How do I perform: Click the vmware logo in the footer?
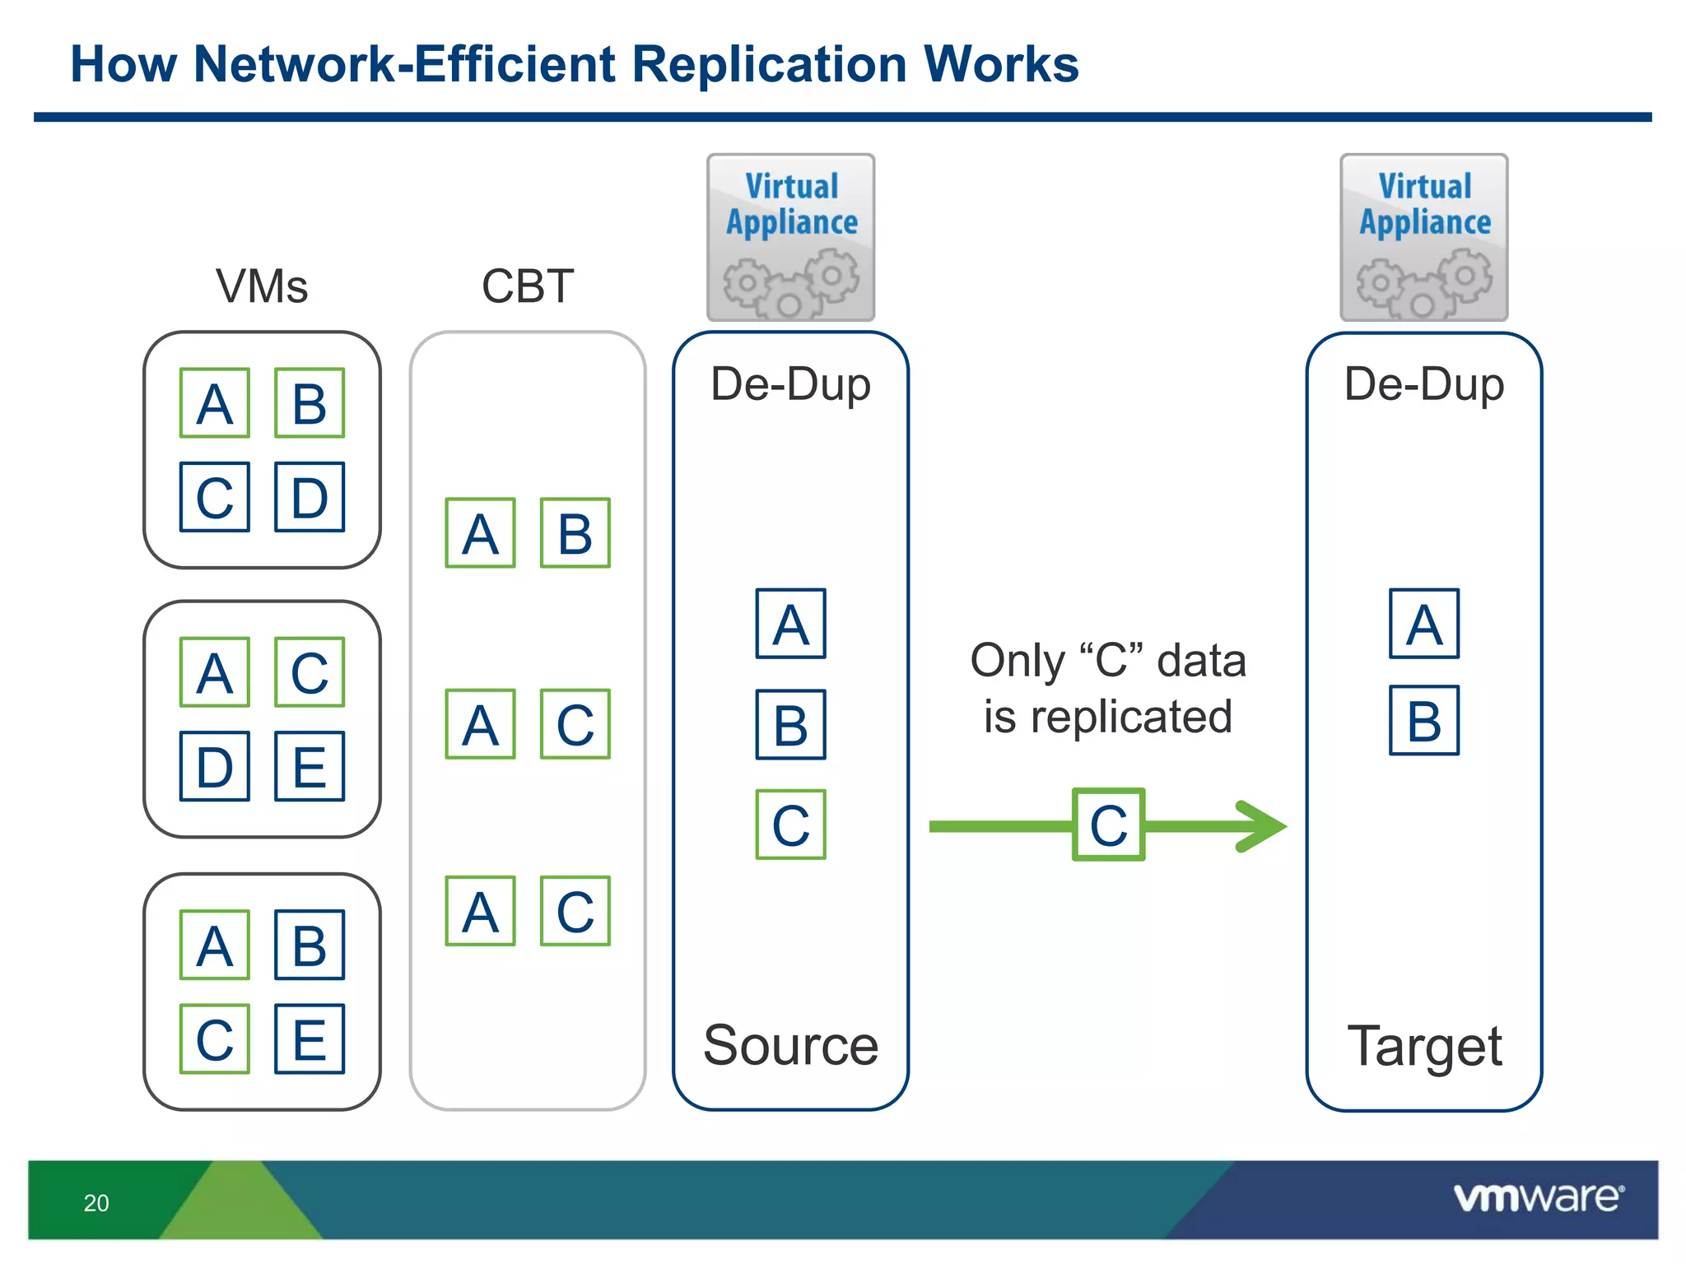(x=1538, y=1197)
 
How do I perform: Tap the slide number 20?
(x=96, y=1203)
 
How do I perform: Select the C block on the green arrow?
(x=1108, y=825)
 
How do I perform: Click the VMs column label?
(x=262, y=286)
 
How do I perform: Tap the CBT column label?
(x=527, y=286)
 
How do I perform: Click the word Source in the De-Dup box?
(x=790, y=1045)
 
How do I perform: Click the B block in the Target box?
(x=1424, y=721)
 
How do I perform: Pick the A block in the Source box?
(x=790, y=624)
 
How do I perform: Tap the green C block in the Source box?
(x=790, y=825)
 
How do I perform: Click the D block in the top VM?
(x=310, y=497)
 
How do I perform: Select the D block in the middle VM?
(x=215, y=766)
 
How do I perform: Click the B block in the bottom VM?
(x=310, y=945)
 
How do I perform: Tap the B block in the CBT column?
(x=575, y=533)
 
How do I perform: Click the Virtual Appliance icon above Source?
(x=790, y=238)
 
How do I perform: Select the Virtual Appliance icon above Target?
(x=1424, y=238)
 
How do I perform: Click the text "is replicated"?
(x=1108, y=717)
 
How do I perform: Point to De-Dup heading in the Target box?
(x=1424, y=385)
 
